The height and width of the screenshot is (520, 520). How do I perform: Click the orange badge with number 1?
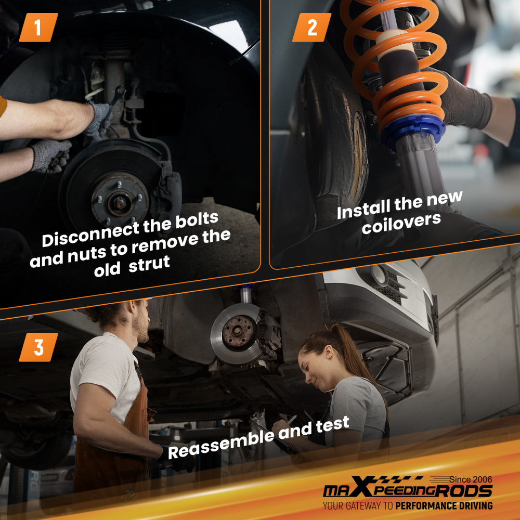38,28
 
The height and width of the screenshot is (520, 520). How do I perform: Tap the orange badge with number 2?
311,28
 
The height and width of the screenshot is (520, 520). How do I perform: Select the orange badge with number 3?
38,347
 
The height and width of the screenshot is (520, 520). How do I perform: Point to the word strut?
149,264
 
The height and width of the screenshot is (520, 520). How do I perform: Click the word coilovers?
401,223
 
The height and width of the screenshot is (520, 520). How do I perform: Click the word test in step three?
333,424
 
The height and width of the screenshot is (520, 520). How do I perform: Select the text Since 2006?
471,479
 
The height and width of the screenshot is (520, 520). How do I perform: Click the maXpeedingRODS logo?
408,488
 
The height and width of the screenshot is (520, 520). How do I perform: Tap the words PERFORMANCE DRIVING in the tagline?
444,506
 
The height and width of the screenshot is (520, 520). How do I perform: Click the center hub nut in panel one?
119,201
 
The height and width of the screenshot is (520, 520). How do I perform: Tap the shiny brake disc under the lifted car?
236,333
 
